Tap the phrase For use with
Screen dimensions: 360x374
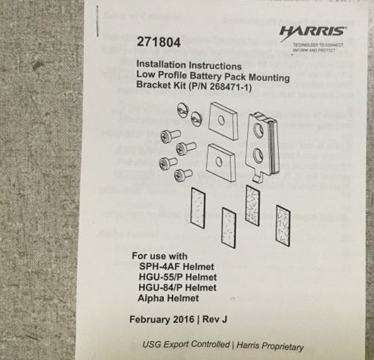[159, 256]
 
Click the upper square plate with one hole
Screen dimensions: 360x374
[223, 120]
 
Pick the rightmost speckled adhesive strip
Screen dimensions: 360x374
[283, 223]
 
